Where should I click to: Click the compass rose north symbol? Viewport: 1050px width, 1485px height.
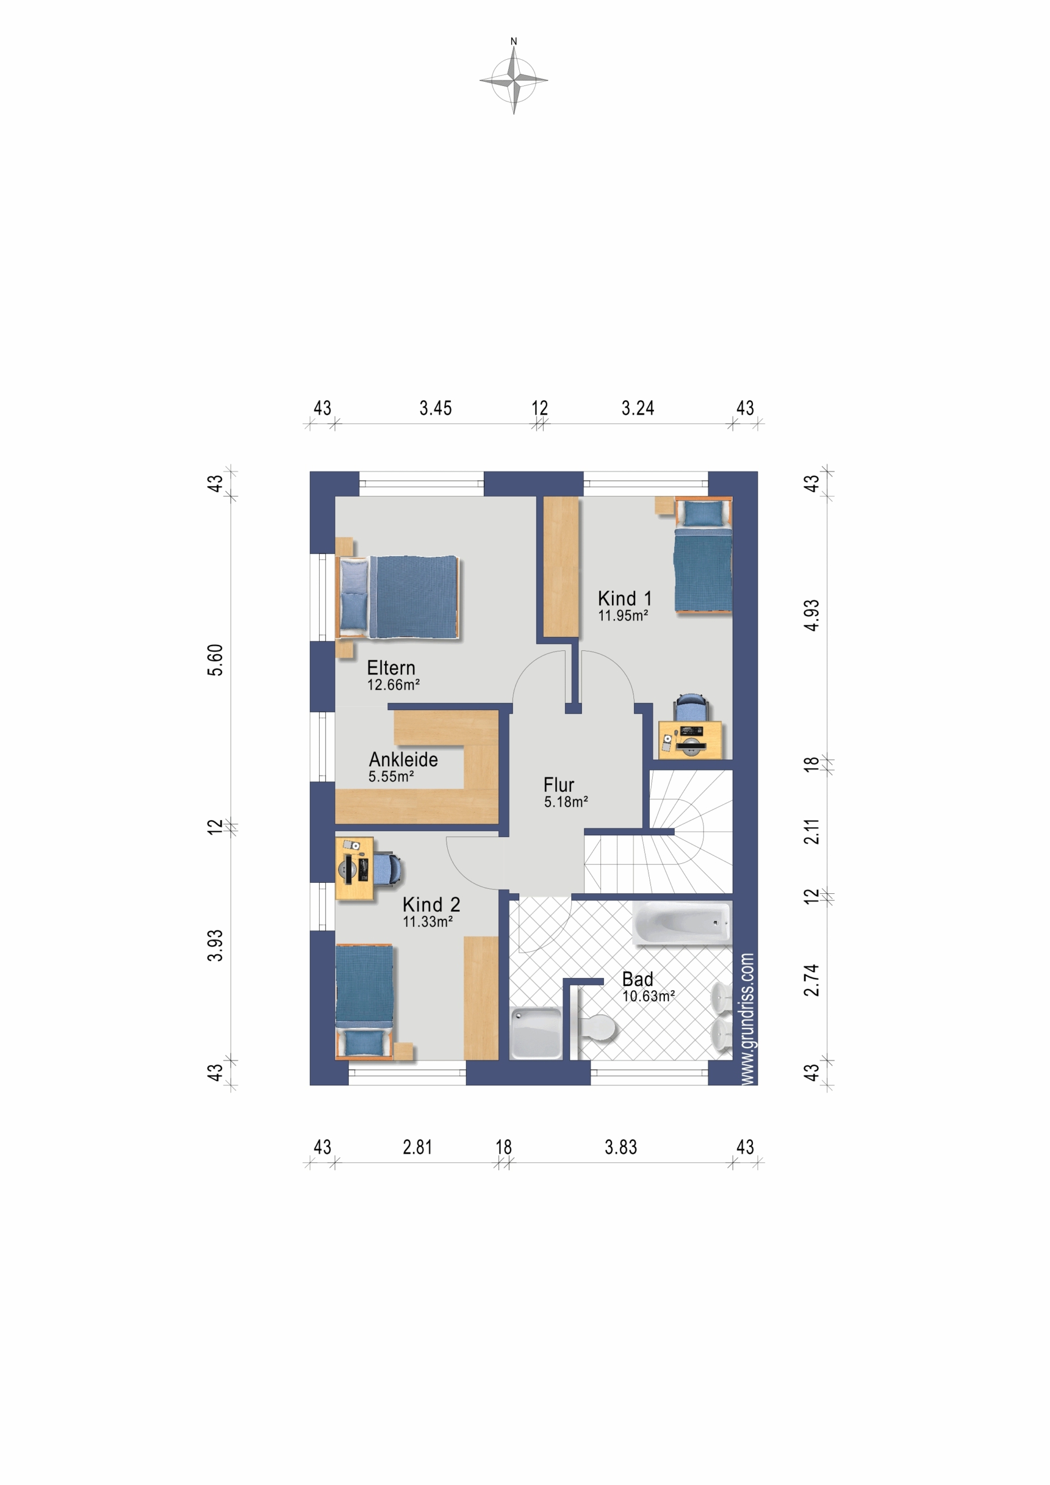513,78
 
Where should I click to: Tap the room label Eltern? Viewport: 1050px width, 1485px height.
391,668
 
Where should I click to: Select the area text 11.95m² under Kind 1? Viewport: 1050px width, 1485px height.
622,615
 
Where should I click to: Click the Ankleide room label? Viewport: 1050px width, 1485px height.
403,759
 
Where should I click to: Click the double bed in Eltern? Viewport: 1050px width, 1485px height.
397,597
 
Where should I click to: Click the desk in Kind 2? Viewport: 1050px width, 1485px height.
354,868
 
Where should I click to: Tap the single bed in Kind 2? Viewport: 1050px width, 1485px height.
364,1002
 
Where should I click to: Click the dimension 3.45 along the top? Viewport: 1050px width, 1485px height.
436,408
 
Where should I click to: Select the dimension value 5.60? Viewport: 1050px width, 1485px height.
215,660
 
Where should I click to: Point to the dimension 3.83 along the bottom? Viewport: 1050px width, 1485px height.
620,1147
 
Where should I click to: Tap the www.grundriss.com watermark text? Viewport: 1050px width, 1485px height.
747,1019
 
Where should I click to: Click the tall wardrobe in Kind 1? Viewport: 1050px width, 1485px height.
560,567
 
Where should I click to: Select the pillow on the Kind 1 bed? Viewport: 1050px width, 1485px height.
703,513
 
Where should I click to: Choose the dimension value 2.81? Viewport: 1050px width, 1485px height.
417,1147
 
